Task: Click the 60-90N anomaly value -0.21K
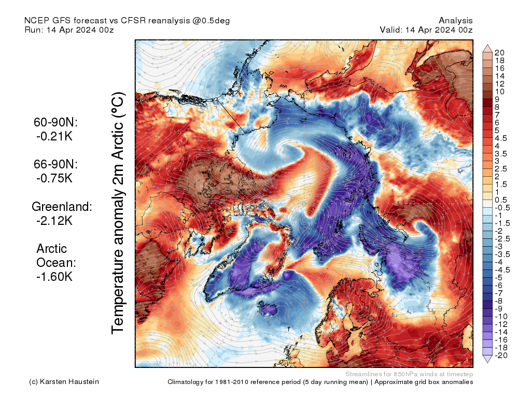click(54, 137)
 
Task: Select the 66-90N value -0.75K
click(54, 178)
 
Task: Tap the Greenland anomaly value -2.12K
click(54, 221)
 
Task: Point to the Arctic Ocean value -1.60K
click(54, 277)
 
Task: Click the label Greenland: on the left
click(62, 207)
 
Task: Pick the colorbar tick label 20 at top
click(499, 52)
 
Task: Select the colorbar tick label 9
click(497, 98)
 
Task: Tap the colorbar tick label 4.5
click(500, 138)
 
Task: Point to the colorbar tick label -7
click(498, 293)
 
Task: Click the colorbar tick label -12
click(500, 324)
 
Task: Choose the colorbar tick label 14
click(499, 76)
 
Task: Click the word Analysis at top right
click(455, 21)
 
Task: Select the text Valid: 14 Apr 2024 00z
click(426, 30)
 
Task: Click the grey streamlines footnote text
click(409, 374)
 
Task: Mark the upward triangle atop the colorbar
click(487, 48)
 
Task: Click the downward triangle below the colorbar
click(487, 359)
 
